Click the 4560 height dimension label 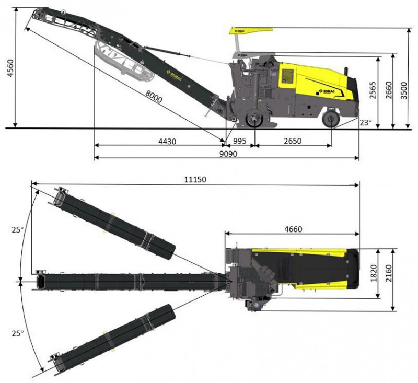[10, 68]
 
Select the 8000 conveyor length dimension [154, 97]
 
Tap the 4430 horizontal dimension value [167, 141]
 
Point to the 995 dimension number [240, 141]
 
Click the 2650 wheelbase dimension [293, 141]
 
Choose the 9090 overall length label [228, 154]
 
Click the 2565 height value [373, 90]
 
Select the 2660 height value [389, 90]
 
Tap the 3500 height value [404, 90]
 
